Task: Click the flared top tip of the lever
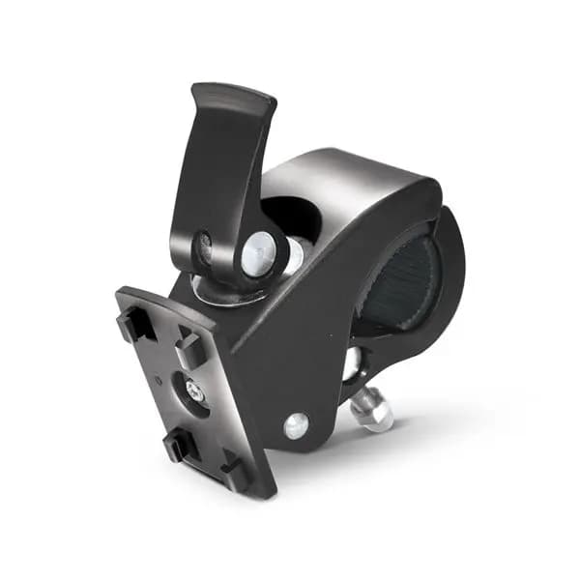[232, 98]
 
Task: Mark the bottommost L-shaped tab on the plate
[235, 471]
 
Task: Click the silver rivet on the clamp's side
[296, 424]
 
